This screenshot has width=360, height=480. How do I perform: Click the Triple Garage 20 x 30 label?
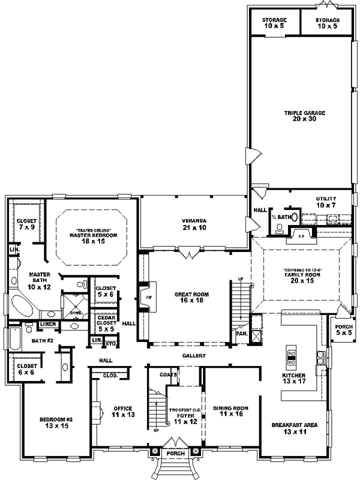(300, 115)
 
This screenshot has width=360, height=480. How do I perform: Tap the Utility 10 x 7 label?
(326, 202)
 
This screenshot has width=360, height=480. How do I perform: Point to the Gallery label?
(194, 356)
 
